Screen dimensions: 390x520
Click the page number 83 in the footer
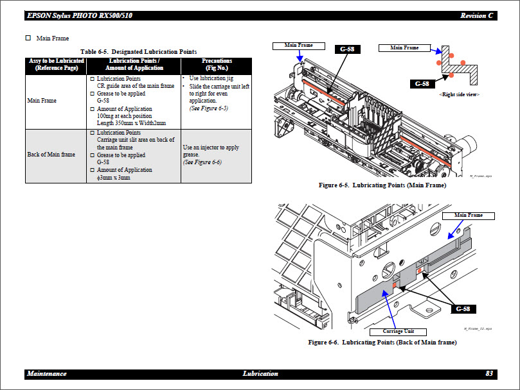pos(489,373)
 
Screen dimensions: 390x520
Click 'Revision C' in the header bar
pos(477,15)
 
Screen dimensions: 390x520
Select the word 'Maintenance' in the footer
pos(46,373)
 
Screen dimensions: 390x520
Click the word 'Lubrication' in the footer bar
pos(260,373)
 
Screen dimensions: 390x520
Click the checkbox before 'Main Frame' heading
pos(28,38)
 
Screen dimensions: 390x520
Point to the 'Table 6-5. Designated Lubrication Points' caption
pos(138,51)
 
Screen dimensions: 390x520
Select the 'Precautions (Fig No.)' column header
pos(216,64)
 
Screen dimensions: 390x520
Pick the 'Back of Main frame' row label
pos(51,155)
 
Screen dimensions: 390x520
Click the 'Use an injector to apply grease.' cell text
pos(211,151)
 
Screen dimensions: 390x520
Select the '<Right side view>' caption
pos(459,94)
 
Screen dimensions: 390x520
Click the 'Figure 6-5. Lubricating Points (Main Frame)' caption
pos(382,185)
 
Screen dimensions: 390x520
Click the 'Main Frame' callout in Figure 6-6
pos(468,215)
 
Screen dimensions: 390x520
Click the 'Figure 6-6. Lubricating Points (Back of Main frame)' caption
pos(382,343)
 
